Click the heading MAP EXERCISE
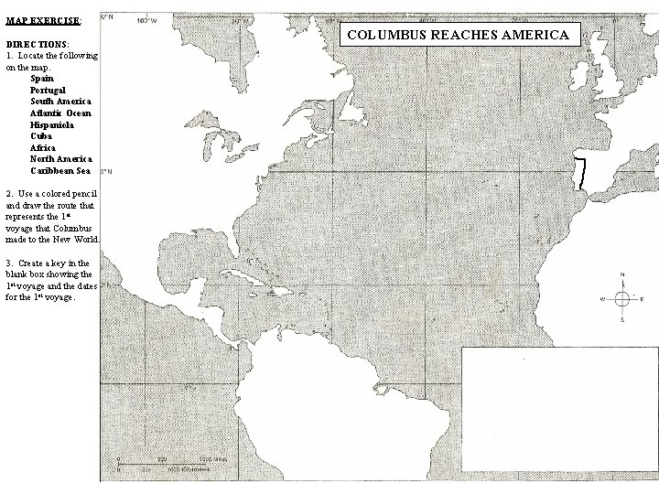point(43,19)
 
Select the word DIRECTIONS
point(34,44)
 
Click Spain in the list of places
point(41,78)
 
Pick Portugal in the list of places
point(48,90)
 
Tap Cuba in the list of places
point(41,135)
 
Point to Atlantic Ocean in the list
point(60,113)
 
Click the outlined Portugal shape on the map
point(579,173)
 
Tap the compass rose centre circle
point(621,299)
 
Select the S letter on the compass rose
point(621,321)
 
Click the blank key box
point(559,409)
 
